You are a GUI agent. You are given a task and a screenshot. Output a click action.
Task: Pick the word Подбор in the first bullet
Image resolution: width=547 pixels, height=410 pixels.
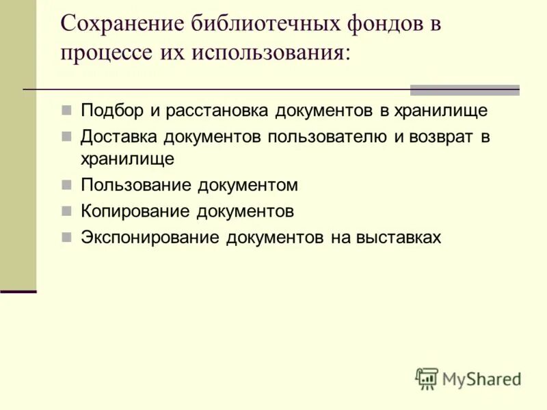pos(109,110)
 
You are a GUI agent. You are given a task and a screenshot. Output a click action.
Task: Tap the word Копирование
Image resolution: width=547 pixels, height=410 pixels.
pos(134,211)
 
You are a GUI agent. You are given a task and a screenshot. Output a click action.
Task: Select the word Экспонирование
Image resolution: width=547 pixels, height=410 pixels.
pos(150,237)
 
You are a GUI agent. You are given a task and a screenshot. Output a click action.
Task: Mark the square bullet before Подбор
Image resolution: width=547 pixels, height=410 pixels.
pos(66,110)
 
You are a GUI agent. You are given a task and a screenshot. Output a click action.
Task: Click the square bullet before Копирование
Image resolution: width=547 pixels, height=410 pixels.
pos(66,211)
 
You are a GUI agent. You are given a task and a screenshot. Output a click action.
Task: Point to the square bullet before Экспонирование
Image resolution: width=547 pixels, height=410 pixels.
pos(66,237)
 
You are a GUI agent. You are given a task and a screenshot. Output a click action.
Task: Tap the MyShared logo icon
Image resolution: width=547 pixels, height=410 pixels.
pos(427,378)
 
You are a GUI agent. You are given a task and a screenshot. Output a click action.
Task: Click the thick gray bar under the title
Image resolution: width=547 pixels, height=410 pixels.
pos(464,90)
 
